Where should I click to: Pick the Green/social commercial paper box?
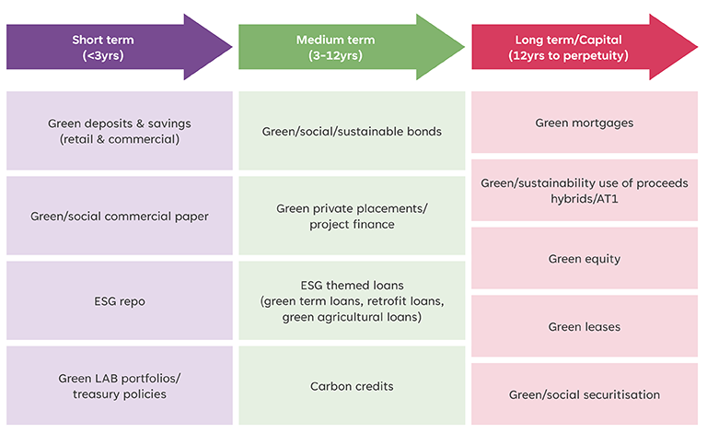coord(120,216)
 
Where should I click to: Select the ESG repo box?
coord(120,300)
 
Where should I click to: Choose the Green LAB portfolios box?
coord(120,386)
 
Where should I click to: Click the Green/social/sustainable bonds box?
coord(352,131)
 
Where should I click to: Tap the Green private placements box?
coord(352,216)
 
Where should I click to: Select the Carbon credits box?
coord(352,386)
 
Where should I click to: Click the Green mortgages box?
coord(585,123)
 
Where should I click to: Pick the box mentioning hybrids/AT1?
coord(585,190)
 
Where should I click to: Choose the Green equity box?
coord(585,259)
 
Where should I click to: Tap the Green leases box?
coord(585,327)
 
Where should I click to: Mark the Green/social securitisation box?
coord(585,394)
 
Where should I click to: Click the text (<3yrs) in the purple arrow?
coord(103,55)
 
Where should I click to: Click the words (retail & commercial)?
coord(120,139)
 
